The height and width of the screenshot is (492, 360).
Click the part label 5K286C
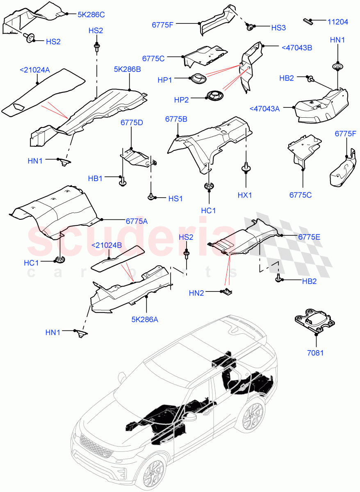tap(91, 14)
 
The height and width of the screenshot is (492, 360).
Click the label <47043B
tap(297, 48)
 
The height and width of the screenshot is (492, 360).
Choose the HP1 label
tap(165, 80)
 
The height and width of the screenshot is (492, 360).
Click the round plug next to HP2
tap(214, 95)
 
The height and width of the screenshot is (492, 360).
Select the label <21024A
tap(35, 71)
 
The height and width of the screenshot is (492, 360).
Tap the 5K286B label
tap(127, 70)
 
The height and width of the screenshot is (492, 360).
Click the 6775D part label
tap(131, 123)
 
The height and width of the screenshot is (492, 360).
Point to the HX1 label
tap(245, 195)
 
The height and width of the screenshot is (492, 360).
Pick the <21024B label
tap(106, 245)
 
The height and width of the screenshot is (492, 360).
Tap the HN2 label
tap(196, 293)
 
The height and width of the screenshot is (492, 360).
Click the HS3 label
tap(278, 27)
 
